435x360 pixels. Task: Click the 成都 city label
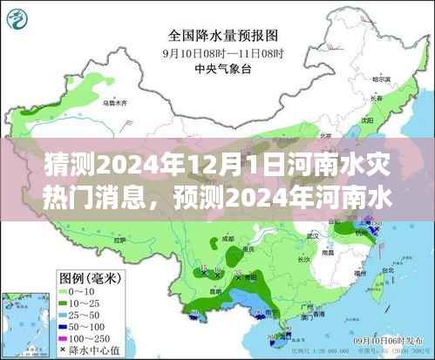(x=228, y=238)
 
